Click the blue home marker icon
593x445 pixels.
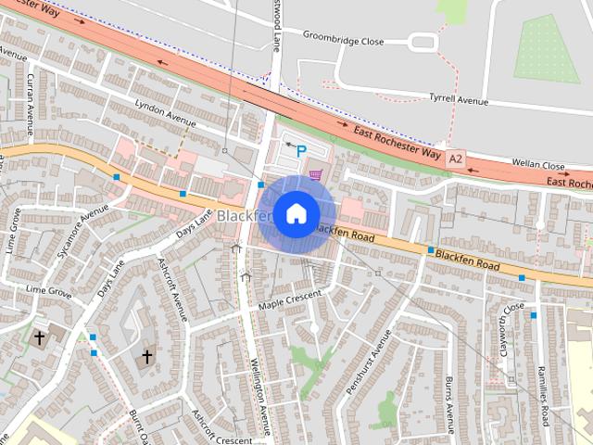(296, 214)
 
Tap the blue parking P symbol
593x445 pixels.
(300, 148)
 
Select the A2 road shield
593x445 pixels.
(455, 159)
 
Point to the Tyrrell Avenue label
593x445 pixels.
(458, 98)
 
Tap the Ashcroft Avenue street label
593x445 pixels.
(173, 287)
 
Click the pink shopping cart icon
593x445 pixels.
(316, 173)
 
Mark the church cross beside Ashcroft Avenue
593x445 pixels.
(146, 356)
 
